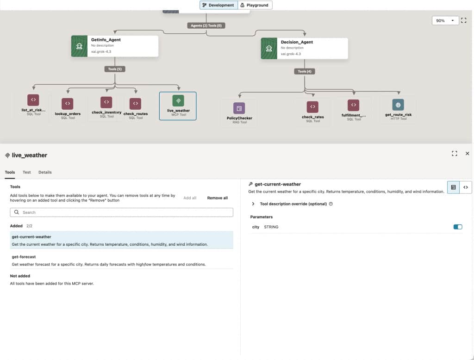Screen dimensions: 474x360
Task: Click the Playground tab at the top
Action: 255,5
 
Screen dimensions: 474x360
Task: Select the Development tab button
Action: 218,5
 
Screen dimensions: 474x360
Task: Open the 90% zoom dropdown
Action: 445,20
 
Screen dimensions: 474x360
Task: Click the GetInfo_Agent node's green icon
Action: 79,46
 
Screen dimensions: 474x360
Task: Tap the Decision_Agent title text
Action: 297,42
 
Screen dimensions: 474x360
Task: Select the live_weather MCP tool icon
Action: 178,101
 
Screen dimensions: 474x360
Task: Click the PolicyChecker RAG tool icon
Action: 239,108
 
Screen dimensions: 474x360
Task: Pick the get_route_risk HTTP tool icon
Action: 398,105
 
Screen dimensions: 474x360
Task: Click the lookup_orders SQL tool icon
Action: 68,103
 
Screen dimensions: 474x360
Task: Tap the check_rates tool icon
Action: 312,107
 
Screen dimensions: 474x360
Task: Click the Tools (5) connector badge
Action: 115,69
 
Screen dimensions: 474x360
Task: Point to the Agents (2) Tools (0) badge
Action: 206,26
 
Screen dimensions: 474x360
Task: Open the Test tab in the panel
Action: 26,172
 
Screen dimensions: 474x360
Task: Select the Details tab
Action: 45,172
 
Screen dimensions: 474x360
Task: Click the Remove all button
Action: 218,198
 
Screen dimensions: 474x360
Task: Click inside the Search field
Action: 122,212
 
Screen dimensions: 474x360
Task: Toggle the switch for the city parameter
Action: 458,227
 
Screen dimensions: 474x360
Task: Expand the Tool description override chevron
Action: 253,204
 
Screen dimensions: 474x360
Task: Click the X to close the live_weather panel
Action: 468,154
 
